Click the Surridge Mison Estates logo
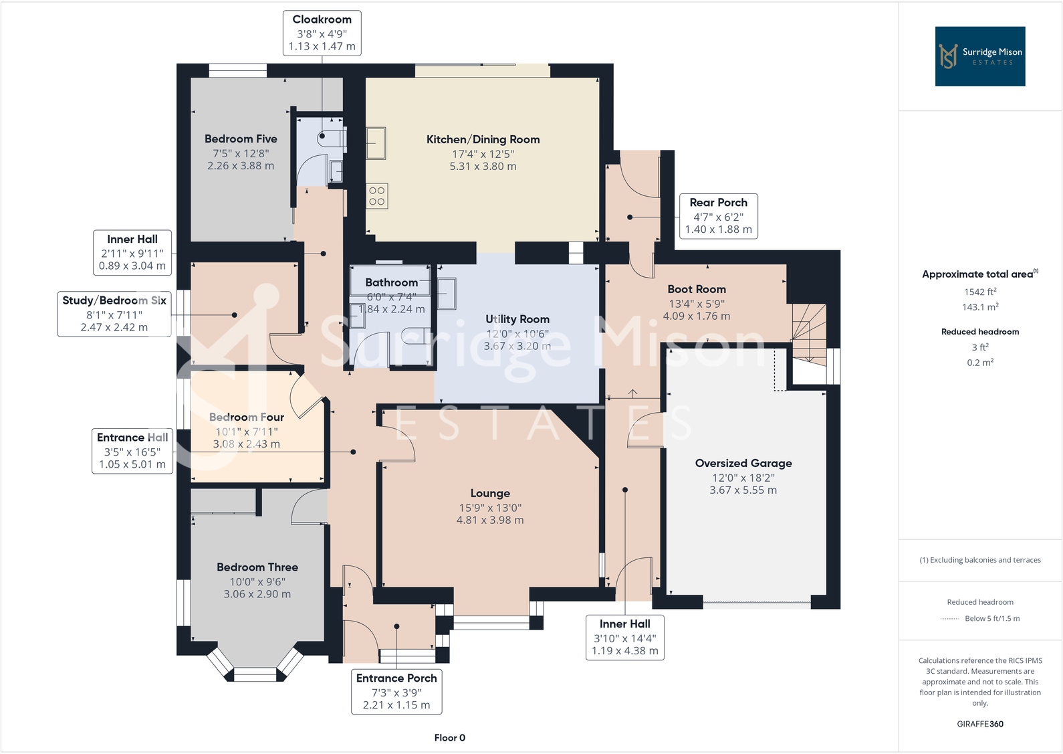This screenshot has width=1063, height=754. [979, 56]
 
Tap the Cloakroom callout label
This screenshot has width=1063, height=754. [322, 33]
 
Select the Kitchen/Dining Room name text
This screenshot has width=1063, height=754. [483, 139]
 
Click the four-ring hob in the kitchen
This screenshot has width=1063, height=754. [377, 196]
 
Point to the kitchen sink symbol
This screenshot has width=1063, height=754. [376, 143]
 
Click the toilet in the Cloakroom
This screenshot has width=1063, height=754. [332, 138]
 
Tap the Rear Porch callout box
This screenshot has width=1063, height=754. [718, 215]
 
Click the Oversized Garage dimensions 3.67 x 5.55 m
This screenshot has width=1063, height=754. [743, 490]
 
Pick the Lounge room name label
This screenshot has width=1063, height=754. [489, 493]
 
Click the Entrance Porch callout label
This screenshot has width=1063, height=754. [396, 691]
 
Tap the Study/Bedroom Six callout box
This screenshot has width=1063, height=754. [114, 313]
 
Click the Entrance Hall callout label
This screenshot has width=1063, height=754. [132, 450]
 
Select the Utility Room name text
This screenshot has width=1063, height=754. [517, 319]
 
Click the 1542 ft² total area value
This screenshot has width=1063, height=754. [979, 292]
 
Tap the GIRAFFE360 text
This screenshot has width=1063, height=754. [979, 724]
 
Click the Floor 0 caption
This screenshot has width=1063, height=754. [449, 737]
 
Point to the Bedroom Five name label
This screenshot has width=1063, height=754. [241, 138]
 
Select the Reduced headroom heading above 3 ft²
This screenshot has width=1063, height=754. [979, 331]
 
